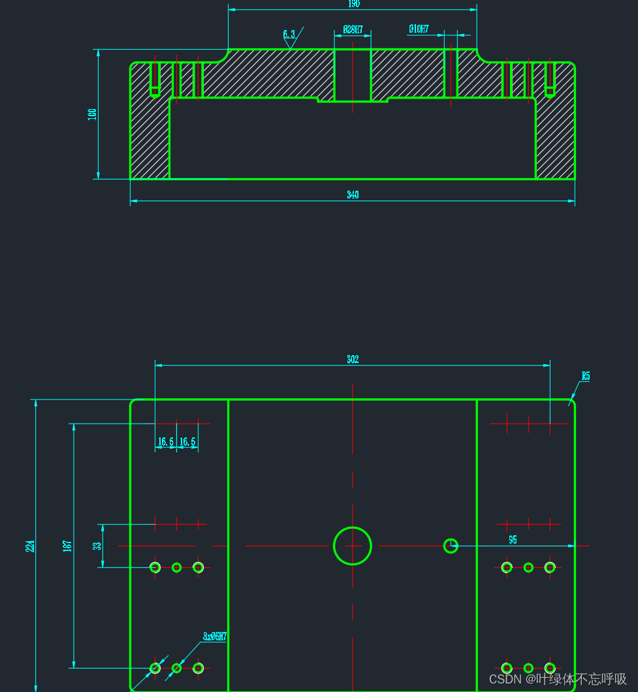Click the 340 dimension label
(353, 195)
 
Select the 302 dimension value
(353, 359)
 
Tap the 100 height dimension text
(92, 114)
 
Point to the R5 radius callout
(586, 376)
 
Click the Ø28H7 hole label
(353, 29)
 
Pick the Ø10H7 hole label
(419, 29)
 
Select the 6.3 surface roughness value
(289, 34)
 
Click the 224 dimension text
(30, 546)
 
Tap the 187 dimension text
(67, 546)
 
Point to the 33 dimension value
(97, 546)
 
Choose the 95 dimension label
(513, 540)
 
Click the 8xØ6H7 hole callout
(214, 636)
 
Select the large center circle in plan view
(353, 546)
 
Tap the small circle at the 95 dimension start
(451, 546)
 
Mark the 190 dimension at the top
(353, 4)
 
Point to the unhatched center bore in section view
(353, 75)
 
